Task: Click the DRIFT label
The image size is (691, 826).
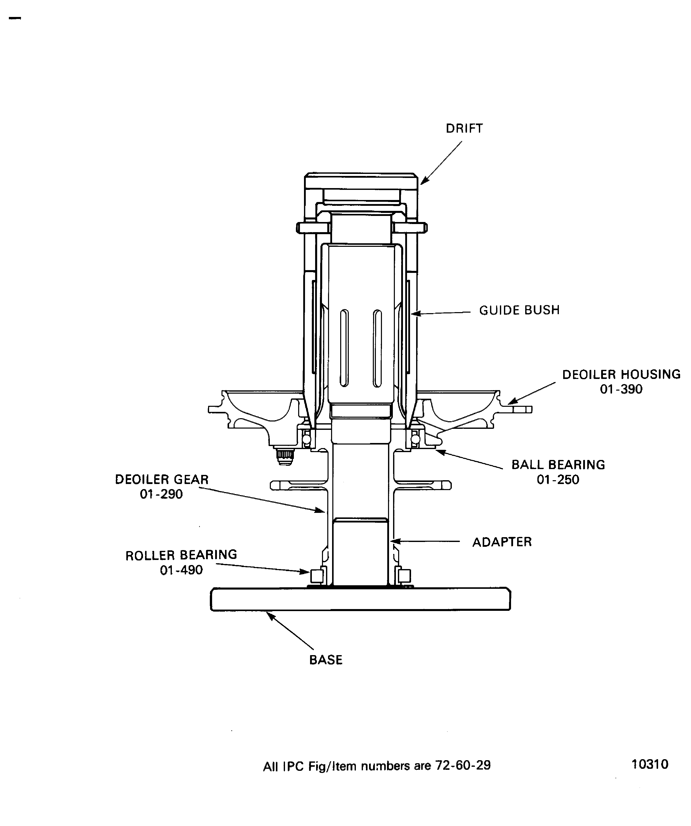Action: coord(464,129)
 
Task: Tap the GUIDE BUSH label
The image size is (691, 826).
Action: coord(519,310)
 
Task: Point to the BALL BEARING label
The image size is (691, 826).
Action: coord(558,465)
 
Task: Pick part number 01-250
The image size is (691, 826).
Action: coord(558,480)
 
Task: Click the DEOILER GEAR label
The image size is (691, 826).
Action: coord(162,479)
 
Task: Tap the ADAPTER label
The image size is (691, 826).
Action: coord(502,542)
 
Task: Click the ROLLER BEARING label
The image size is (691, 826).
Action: coord(181,555)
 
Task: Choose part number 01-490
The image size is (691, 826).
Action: coord(181,570)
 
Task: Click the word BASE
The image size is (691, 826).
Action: coord(326,660)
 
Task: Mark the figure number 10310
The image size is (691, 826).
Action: coord(650,764)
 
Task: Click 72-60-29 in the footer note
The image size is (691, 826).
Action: coord(462,765)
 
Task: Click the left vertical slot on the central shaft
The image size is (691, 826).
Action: coord(344,348)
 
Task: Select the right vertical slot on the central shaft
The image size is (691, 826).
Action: coord(377,348)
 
